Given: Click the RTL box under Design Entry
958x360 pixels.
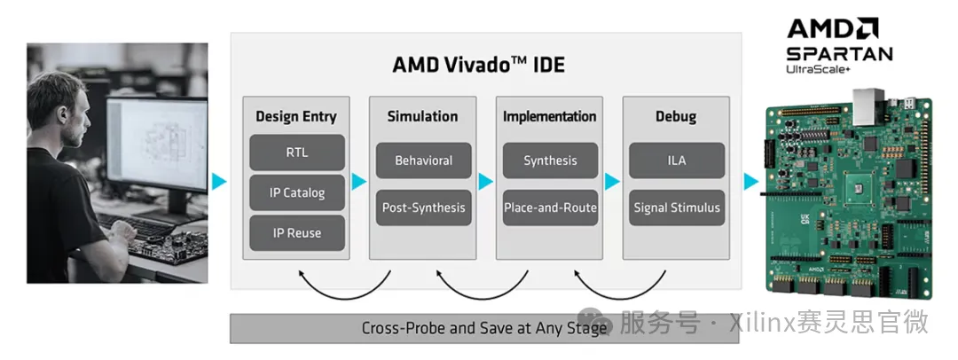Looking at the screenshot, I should (x=297, y=153).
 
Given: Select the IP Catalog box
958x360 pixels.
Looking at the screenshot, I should (x=297, y=192).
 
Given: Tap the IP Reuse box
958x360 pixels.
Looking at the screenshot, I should (x=297, y=233).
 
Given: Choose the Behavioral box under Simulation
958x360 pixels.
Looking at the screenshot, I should (x=423, y=160).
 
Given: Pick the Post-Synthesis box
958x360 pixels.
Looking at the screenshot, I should (x=423, y=207).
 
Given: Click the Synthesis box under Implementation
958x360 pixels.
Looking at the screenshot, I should (x=550, y=160).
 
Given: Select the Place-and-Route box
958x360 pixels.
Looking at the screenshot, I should (x=550, y=207).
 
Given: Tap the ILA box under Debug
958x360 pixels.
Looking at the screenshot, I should (x=677, y=160).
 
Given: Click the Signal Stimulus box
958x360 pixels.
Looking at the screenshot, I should (x=677, y=207).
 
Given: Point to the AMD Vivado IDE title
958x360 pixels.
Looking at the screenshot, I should (x=478, y=65).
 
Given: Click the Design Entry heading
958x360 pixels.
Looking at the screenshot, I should (x=296, y=116).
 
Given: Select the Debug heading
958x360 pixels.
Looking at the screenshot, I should (x=676, y=116).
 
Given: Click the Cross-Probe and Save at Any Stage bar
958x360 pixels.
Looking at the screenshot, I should (x=484, y=328).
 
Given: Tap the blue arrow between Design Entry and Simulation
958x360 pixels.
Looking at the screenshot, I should (x=359, y=182).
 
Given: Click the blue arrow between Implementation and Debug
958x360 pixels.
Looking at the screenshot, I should (x=612, y=182).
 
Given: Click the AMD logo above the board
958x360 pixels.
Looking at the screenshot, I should (x=832, y=28).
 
